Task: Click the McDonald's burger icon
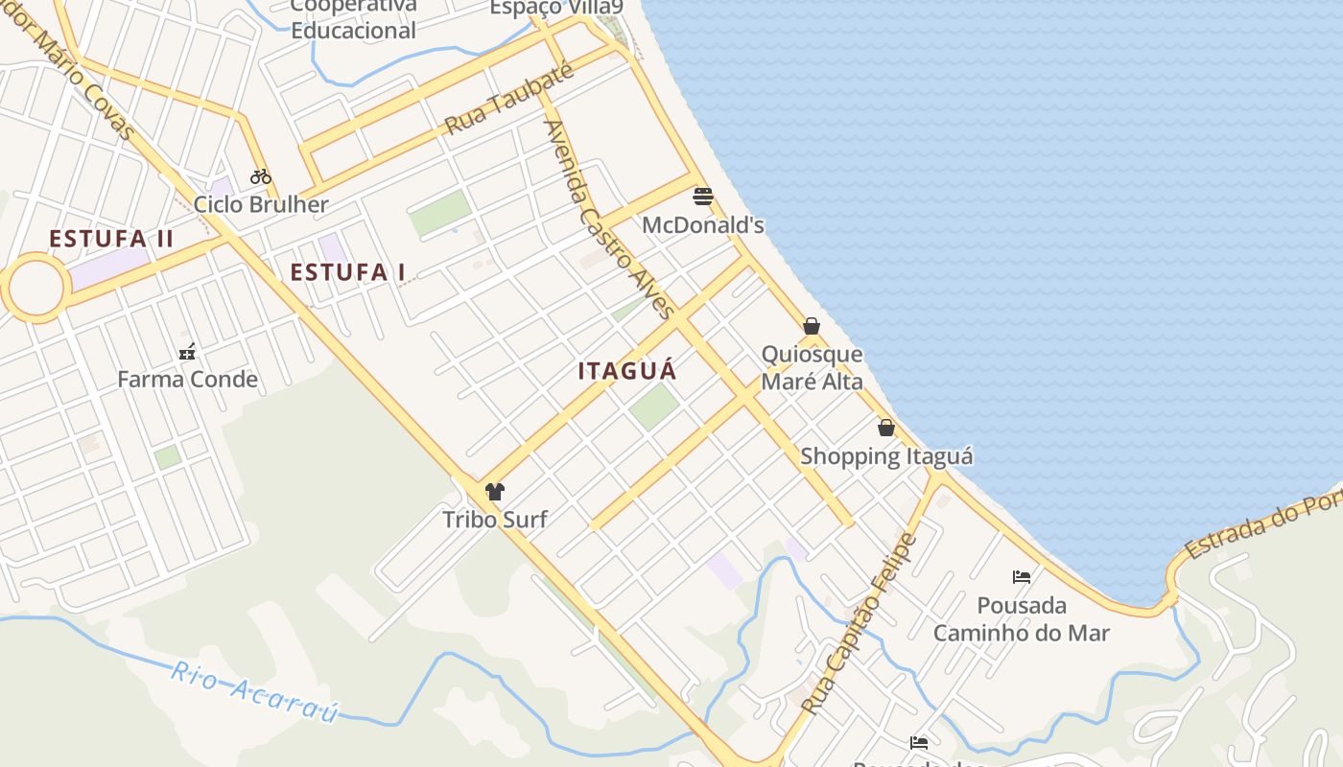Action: [x=703, y=197]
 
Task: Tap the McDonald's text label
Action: [x=703, y=225]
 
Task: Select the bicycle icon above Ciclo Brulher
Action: [x=260, y=176]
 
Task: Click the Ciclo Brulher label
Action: [x=261, y=204]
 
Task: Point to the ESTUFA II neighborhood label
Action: [x=111, y=239]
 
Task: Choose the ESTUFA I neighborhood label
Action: [x=347, y=272]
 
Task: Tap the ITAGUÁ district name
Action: [x=627, y=371]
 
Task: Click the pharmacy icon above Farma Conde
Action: [x=187, y=352]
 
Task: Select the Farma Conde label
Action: [x=187, y=380]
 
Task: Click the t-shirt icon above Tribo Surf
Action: [x=495, y=492]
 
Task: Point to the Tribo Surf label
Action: [x=495, y=520]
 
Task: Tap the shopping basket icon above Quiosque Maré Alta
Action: [x=812, y=326]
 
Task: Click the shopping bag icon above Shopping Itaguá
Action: [x=886, y=428]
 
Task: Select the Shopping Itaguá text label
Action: [x=886, y=456]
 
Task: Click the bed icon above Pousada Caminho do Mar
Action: [x=1022, y=576]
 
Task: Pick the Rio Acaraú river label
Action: [x=255, y=691]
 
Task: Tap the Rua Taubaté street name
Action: [x=508, y=100]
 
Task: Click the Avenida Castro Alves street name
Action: [x=608, y=219]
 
